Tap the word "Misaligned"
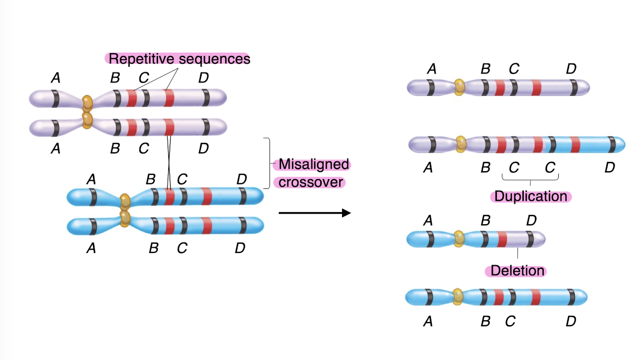[x=313, y=165]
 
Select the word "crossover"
[x=311, y=182]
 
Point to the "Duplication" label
[x=530, y=196]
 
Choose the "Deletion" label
[x=517, y=271]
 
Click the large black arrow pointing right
[x=314, y=213]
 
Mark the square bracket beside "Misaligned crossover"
[x=268, y=163]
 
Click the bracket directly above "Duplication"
[x=530, y=178]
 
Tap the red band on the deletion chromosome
[x=502, y=239]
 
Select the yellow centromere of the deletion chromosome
[x=459, y=239]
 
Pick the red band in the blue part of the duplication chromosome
[x=575, y=145]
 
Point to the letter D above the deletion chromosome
[x=532, y=221]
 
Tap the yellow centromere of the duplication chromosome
[x=461, y=144]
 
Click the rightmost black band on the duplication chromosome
[x=614, y=145]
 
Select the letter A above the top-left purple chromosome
[x=56, y=78]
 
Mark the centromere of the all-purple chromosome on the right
[x=459, y=87]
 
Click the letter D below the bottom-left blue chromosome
[x=240, y=248]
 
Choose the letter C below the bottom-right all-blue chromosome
[x=510, y=321]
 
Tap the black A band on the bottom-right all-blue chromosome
[x=429, y=296]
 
